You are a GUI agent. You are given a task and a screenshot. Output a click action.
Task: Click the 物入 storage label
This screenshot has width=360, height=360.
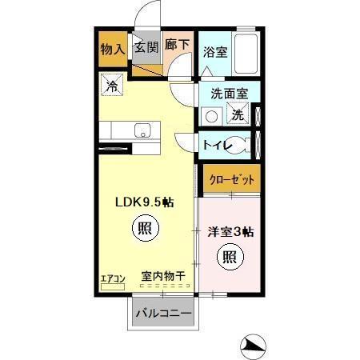click(113, 48)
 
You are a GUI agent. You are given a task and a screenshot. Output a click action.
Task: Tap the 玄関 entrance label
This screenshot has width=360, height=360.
click(146, 46)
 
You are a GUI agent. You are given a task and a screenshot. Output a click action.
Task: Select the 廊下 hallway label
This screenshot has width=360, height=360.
click(178, 46)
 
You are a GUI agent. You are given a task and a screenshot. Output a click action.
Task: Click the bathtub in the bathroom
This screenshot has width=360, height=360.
click(246, 53)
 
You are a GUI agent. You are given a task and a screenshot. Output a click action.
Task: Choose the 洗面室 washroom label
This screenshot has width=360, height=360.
click(229, 94)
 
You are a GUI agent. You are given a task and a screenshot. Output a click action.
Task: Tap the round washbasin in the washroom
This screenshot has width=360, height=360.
click(212, 115)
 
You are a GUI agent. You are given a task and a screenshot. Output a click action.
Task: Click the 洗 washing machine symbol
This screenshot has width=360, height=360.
click(239, 114)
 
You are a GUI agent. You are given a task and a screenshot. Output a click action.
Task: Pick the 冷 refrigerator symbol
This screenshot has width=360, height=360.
click(113, 83)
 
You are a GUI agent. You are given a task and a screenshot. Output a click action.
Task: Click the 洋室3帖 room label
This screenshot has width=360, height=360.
click(231, 233)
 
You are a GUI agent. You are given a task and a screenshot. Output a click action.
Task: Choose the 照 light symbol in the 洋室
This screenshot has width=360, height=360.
click(230, 258)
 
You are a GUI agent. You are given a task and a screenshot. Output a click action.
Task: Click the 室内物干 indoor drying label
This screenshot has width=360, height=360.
click(163, 277)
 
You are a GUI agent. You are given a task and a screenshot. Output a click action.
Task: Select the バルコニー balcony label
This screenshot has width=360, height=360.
click(163, 314)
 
